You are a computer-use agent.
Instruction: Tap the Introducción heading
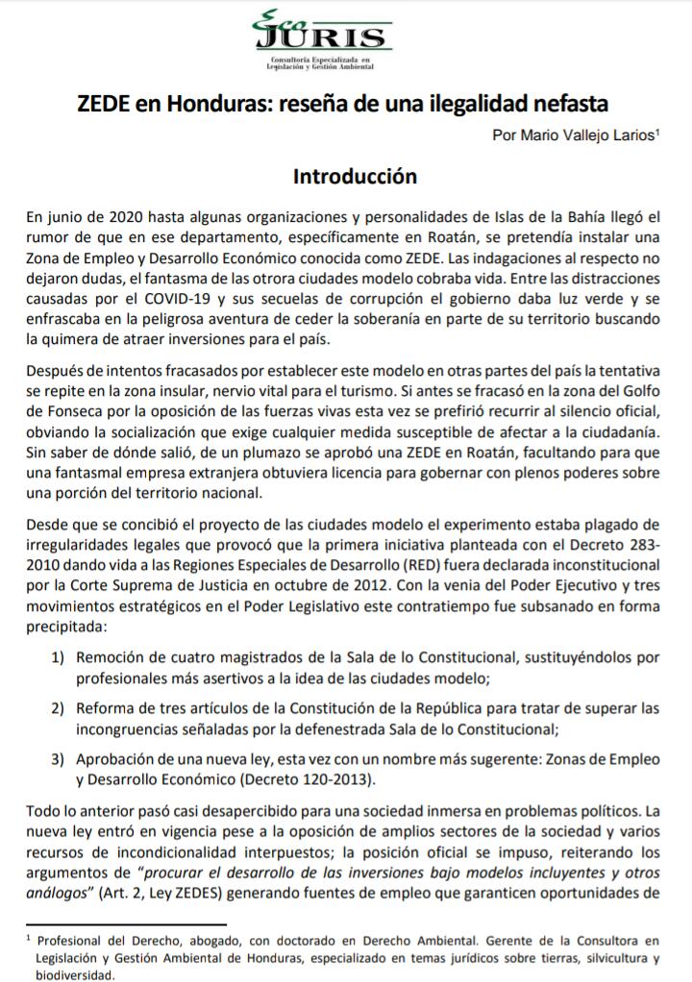tap(346, 178)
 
